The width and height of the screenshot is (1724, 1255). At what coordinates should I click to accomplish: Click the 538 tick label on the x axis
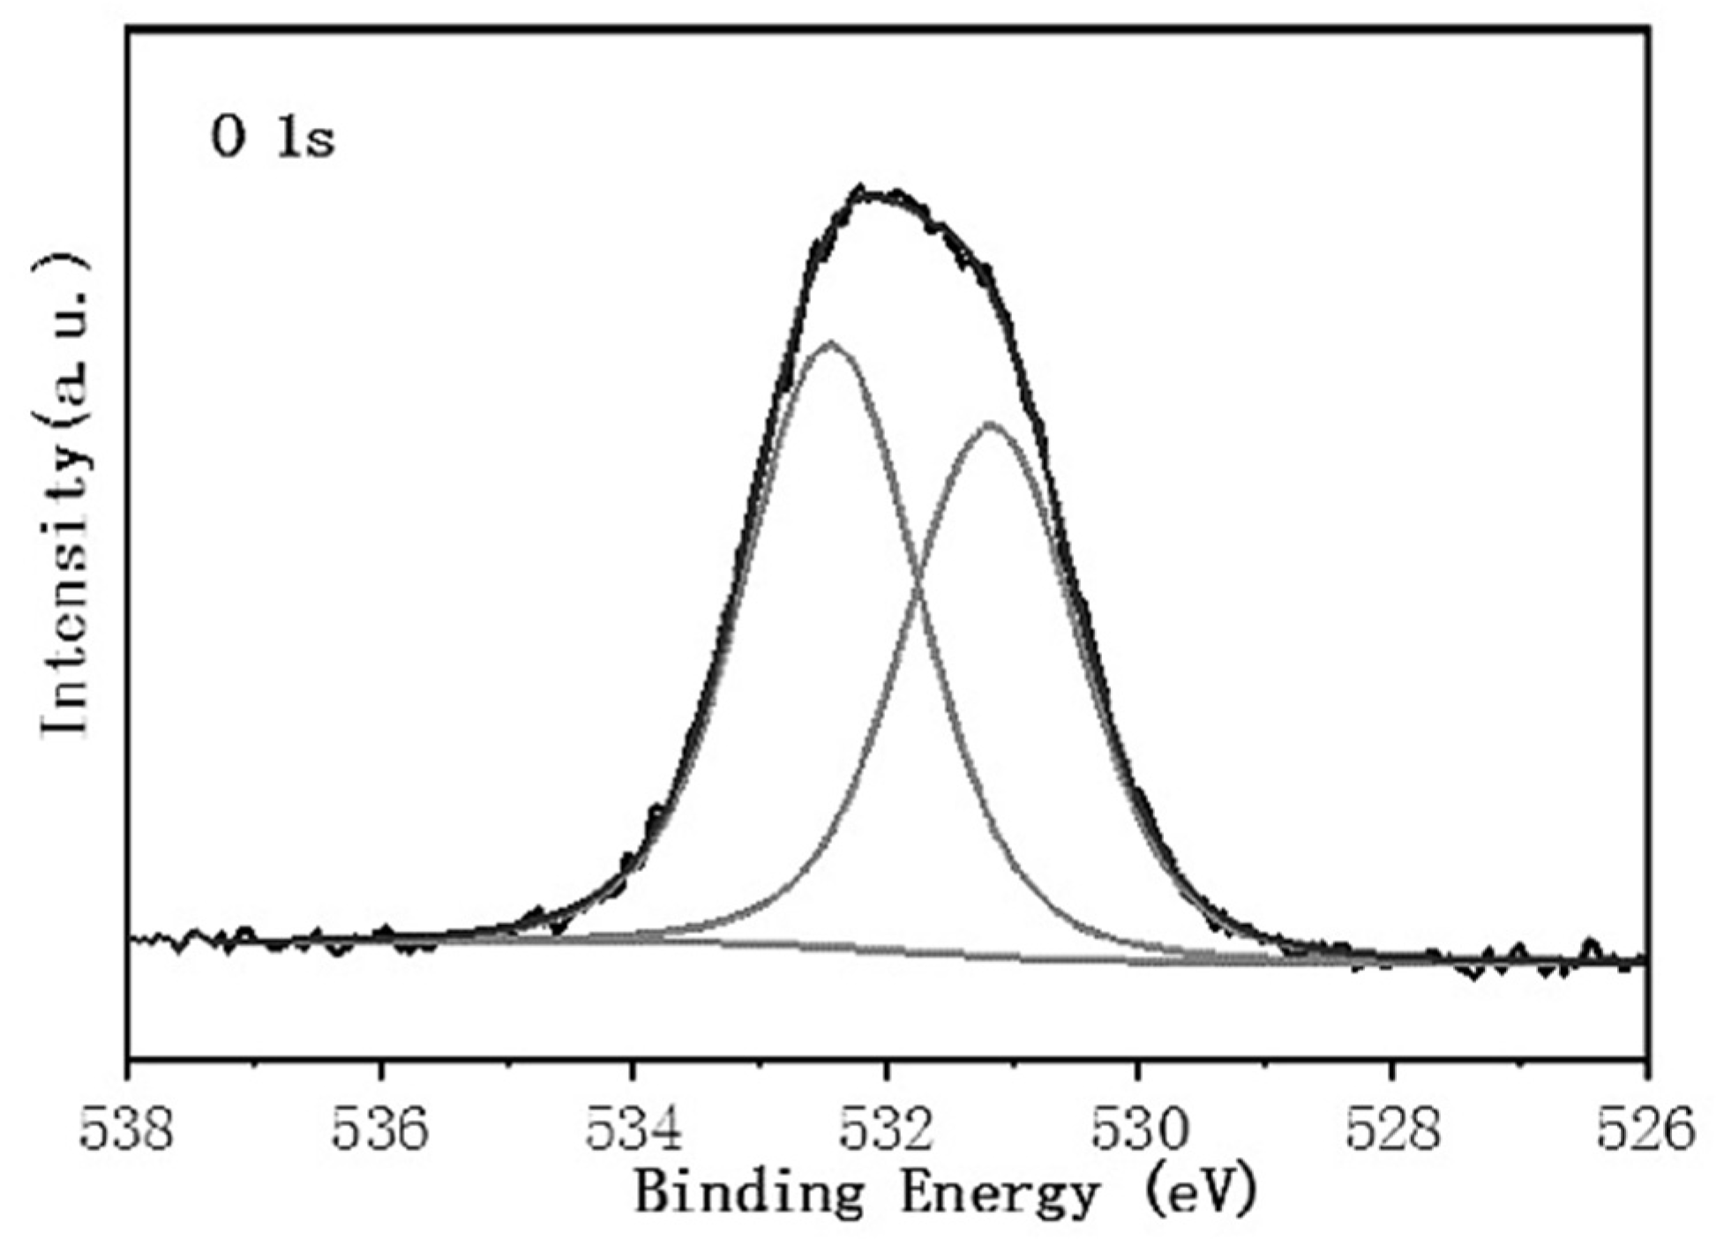tap(127, 1131)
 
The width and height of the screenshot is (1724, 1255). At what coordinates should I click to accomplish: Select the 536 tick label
tap(380, 1131)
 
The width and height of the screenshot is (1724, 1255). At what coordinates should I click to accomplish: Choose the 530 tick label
tap(1139, 1131)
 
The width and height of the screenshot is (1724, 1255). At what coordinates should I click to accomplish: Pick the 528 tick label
tap(1392, 1131)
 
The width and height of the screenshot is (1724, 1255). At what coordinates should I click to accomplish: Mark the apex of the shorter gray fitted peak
tap(990, 425)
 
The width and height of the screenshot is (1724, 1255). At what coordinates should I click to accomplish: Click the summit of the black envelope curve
tap(869, 192)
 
